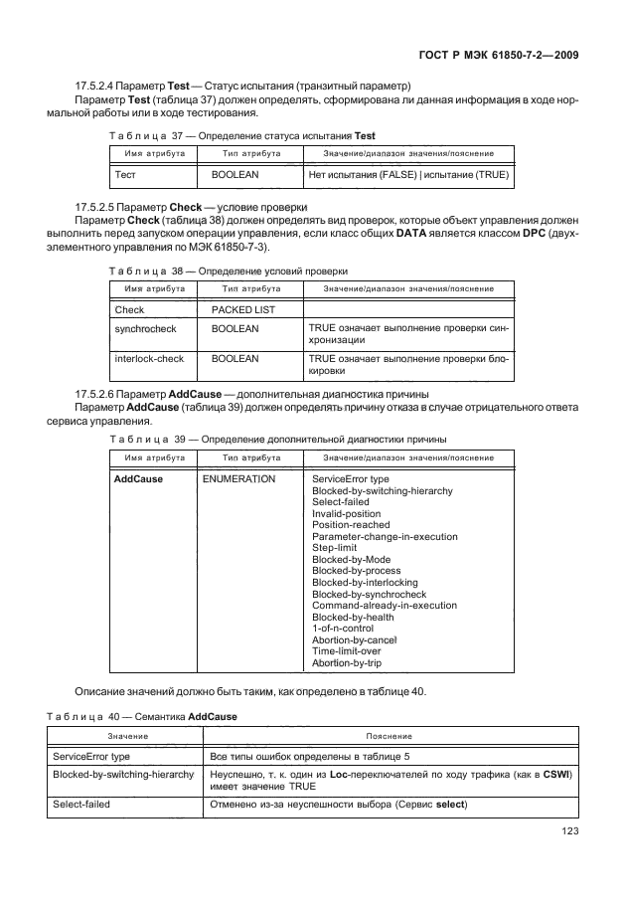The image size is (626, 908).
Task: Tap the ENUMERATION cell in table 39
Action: tap(238, 478)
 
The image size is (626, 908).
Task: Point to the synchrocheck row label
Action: tap(147, 327)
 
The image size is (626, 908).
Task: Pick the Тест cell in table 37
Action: tap(125, 174)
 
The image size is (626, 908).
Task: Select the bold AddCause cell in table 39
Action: tap(139, 478)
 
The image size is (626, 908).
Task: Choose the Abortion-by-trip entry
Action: tap(348, 663)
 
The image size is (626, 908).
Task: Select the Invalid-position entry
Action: tap(346, 513)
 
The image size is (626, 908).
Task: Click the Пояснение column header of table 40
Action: tap(389, 736)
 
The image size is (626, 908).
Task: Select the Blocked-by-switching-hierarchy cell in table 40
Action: tap(123, 773)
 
